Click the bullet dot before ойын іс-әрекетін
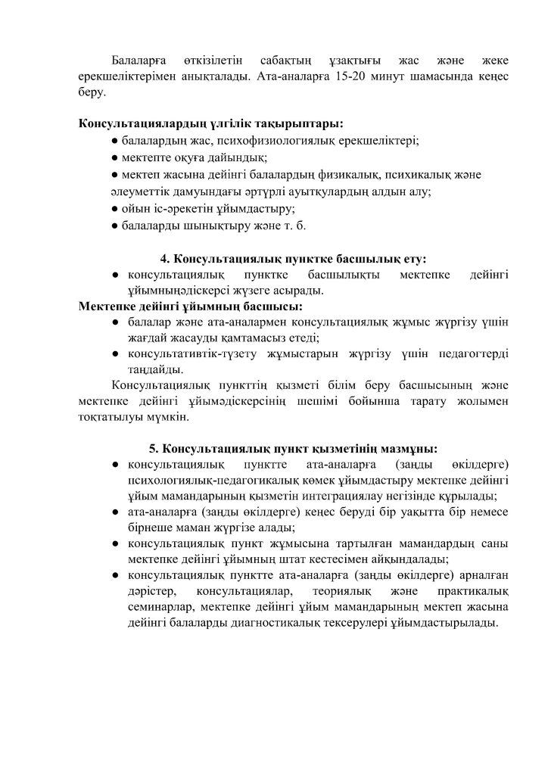point(114,208)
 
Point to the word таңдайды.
point(155,369)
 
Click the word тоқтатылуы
point(108,416)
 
